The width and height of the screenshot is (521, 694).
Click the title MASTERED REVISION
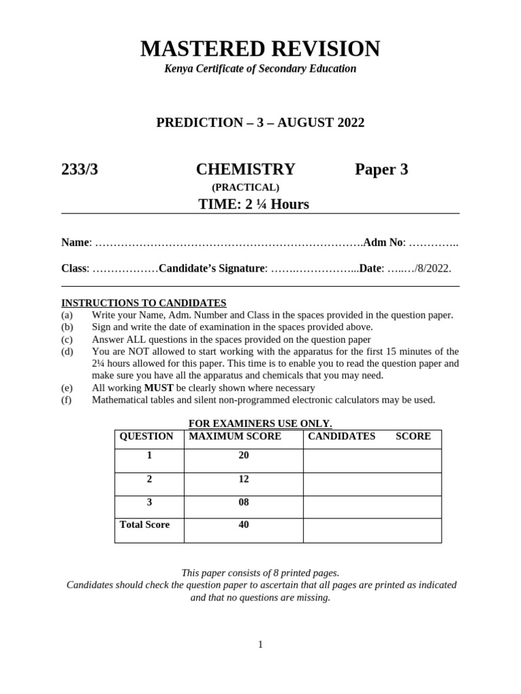[x=260, y=49]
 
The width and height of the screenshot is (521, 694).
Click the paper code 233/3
[x=79, y=169]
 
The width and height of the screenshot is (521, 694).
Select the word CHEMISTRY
[x=246, y=169]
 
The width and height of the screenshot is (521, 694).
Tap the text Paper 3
[x=381, y=169]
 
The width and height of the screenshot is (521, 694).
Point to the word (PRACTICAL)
[x=245, y=188]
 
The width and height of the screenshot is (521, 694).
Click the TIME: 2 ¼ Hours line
[x=253, y=204]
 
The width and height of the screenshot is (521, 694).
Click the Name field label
[x=75, y=243]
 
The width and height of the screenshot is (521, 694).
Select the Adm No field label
[x=383, y=243]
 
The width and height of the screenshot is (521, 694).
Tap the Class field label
[x=75, y=268]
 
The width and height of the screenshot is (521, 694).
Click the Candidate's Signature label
[x=211, y=268]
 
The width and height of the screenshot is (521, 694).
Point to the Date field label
[x=370, y=268]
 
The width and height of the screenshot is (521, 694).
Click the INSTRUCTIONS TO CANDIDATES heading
[x=144, y=303]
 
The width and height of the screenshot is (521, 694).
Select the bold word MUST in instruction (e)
[x=159, y=388]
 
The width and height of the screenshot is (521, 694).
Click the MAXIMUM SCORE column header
[x=235, y=436]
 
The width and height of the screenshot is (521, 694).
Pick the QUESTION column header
[x=147, y=436]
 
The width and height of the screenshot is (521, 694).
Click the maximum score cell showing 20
[x=244, y=455]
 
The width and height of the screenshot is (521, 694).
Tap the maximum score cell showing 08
[x=244, y=502]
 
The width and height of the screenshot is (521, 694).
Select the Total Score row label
[x=144, y=525]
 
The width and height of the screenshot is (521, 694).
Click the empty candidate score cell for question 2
[x=372, y=484]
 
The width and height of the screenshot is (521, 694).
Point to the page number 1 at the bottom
[x=260, y=645]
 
